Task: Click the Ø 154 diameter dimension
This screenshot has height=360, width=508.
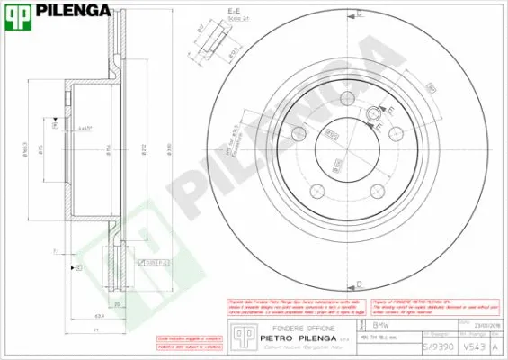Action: point(108,148)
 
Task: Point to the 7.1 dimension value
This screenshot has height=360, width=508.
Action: point(56,251)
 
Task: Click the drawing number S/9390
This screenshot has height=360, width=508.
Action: point(432,344)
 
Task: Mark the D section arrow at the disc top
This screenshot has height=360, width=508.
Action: point(359,13)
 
